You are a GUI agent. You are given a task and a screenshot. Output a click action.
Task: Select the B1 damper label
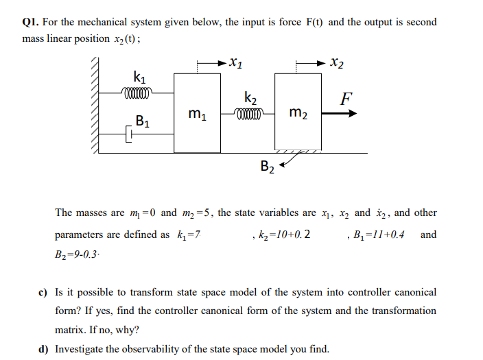tap(143, 123)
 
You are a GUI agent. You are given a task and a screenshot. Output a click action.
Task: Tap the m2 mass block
tap(297, 112)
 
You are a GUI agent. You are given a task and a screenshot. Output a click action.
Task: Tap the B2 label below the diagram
tap(268, 166)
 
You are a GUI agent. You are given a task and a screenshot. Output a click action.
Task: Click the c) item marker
tap(42, 292)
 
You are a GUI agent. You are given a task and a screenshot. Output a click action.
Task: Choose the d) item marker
tap(42, 348)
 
